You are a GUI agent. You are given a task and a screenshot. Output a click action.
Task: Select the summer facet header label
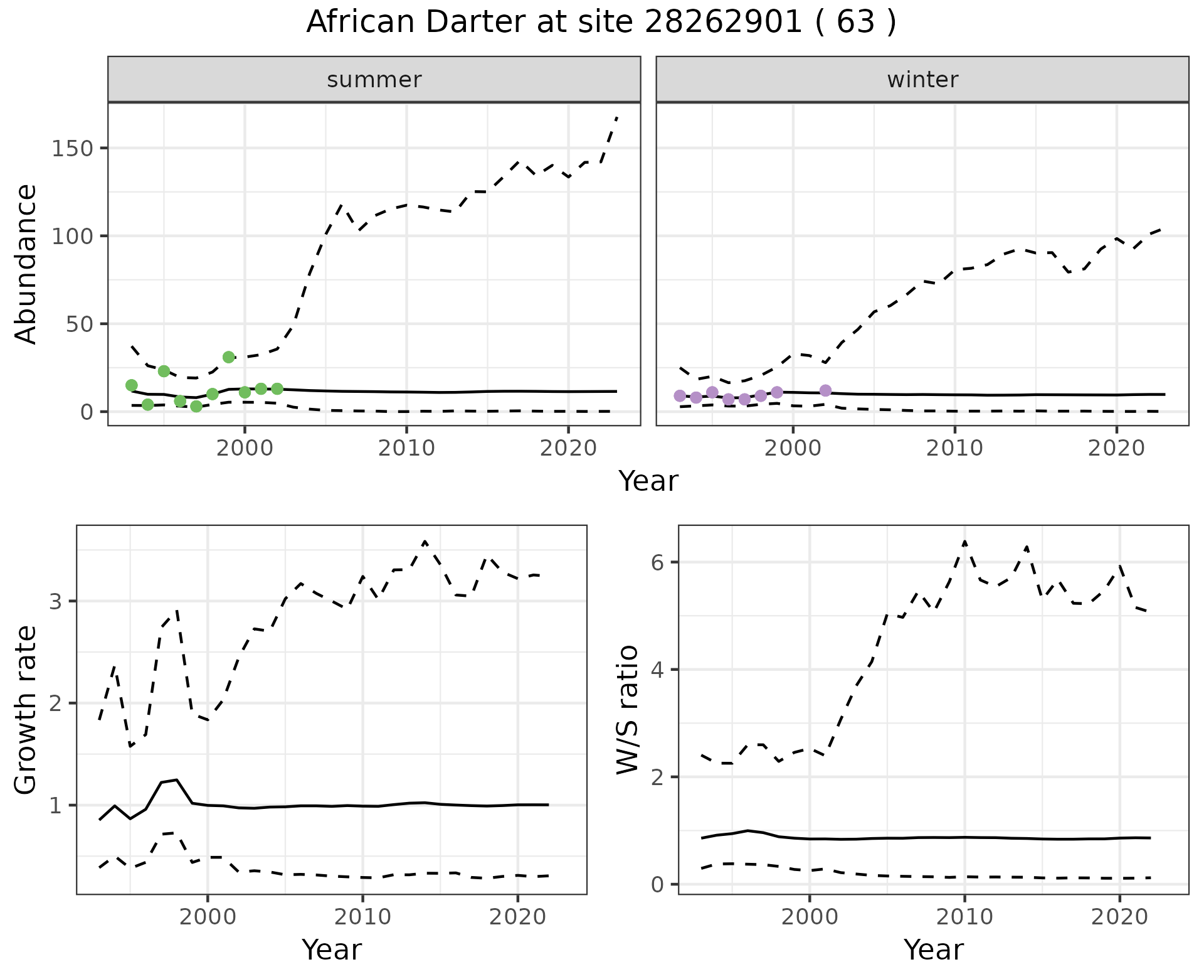(374, 80)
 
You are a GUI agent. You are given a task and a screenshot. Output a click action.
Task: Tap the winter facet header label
(922, 80)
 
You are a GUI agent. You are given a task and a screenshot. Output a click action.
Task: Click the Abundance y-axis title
(26, 264)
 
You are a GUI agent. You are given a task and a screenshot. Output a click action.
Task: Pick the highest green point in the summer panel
(229, 357)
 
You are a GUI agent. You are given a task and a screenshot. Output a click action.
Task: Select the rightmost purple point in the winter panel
(825, 390)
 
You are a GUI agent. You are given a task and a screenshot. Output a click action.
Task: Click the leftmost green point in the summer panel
(132, 385)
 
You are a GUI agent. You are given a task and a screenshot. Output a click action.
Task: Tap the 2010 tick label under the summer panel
(406, 449)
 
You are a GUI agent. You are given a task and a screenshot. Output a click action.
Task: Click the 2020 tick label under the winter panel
(1116, 449)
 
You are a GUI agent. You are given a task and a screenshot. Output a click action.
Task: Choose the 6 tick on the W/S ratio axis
(657, 562)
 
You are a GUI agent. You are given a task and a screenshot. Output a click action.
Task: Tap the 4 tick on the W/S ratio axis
(657, 670)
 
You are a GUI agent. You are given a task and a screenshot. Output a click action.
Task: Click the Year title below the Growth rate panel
(332, 950)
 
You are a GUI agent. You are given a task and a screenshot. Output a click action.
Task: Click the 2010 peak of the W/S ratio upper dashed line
(964, 541)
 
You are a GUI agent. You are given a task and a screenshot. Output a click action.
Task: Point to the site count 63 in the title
(855, 23)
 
